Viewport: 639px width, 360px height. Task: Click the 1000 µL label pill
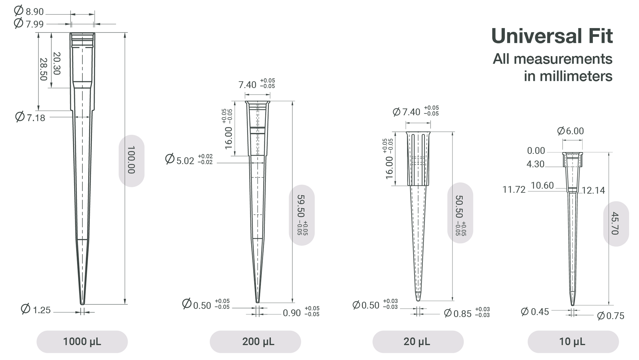[x=82, y=342]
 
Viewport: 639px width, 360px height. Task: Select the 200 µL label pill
[x=255, y=342]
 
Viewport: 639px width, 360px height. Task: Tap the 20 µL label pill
[x=418, y=342]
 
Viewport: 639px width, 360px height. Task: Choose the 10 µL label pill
[x=573, y=342]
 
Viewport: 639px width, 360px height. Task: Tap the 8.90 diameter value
[x=35, y=12]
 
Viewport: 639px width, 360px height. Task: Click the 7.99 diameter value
[x=35, y=24]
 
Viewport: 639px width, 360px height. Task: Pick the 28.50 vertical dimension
[x=43, y=69]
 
